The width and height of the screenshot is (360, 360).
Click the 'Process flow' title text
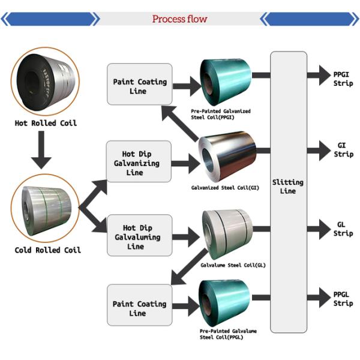point(179,19)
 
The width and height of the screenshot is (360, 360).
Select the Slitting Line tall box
point(288,192)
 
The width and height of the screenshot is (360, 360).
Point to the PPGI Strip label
point(343,78)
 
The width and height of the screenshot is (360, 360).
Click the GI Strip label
point(343,150)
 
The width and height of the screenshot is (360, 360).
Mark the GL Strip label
point(343,229)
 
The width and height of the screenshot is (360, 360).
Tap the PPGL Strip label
point(343,299)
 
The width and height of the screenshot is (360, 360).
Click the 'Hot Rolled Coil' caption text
point(46,124)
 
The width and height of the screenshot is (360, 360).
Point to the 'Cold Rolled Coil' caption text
point(47,250)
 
